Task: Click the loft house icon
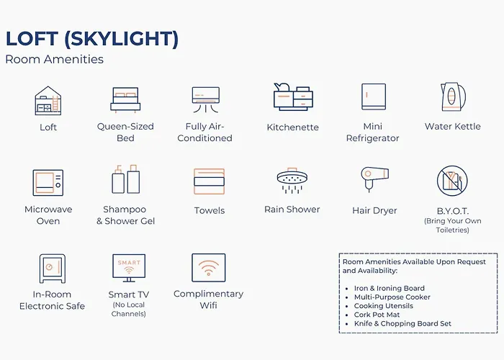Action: click(x=48, y=101)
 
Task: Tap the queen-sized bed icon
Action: click(x=125, y=100)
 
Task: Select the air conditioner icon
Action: click(x=206, y=99)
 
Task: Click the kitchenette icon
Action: click(x=293, y=96)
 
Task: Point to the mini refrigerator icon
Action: click(x=374, y=96)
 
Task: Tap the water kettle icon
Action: click(x=453, y=96)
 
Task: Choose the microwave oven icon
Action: click(x=48, y=183)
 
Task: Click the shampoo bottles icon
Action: click(x=126, y=179)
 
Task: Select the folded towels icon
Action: click(x=209, y=181)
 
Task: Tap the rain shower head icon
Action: click(x=292, y=180)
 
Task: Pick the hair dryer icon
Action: click(x=374, y=179)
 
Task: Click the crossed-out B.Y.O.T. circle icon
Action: click(x=452, y=181)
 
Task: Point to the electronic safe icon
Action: click(x=52, y=269)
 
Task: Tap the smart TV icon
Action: click(x=129, y=268)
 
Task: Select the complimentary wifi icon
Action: click(x=209, y=268)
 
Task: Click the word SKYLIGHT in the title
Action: click(x=121, y=39)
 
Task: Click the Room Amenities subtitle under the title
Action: click(x=54, y=60)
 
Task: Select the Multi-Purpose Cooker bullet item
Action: click(x=392, y=297)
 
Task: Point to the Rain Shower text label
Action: click(x=292, y=210)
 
